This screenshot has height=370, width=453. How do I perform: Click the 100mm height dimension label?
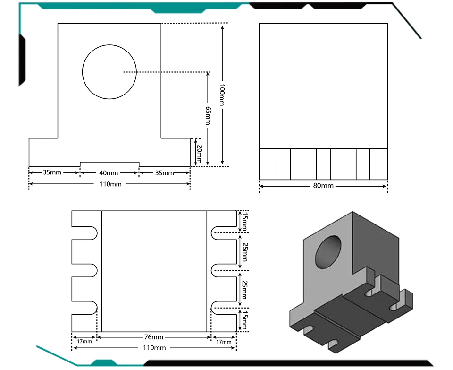click(x=222, y=95)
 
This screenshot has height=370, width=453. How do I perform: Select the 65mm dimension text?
click(x=208, y=115)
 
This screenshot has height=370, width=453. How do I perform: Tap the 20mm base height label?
click(x=199, y=153)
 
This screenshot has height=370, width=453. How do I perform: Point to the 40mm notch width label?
click(x=109, y=173)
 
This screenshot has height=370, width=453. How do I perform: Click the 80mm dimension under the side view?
click(x=323, y=186)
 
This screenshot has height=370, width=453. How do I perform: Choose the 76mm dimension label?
click(x=154, y=337)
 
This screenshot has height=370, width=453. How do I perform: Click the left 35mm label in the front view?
click(x=52, y=172)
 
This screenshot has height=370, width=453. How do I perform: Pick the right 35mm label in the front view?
click(x=164, y=173)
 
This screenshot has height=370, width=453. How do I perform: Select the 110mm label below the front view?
click(x=110, y=184)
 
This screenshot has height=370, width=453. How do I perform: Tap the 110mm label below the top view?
click(x=154, y=348)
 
